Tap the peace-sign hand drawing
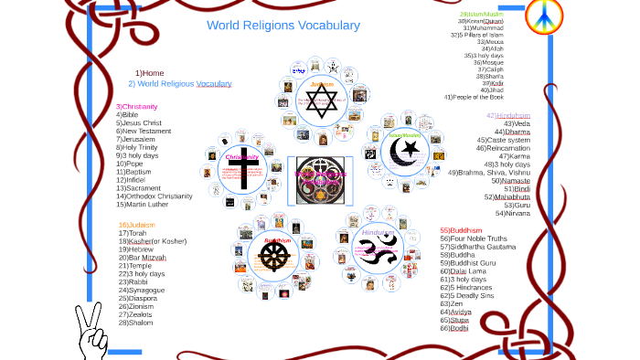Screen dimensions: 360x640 click(91, 332)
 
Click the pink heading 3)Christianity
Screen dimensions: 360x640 click(136, 107)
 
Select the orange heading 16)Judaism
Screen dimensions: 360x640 click(136, 225)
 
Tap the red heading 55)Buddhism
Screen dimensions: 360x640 click(461, 230)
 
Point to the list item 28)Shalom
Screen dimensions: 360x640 click(135, 323)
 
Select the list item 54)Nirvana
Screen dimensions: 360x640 click(512, 214)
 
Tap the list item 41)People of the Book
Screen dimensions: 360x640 click(486, 97)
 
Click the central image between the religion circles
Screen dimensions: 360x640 click(320, 179)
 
